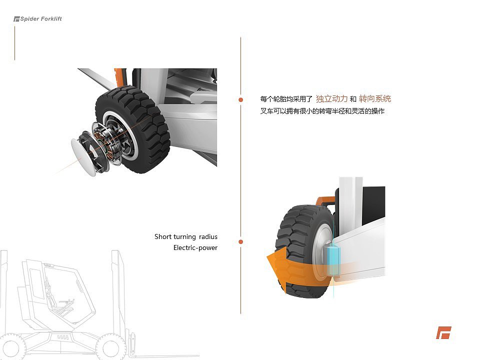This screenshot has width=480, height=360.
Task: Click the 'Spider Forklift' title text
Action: coord(41,19)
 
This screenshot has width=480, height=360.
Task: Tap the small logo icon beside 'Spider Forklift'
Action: coord(16,19)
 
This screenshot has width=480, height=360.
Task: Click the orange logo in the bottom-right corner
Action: coord(443,332)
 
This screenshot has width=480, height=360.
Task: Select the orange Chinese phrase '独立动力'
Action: coord(331,99)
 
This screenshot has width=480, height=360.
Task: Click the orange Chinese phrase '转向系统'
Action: coord(375,99)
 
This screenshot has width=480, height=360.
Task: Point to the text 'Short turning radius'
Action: coord(186,236)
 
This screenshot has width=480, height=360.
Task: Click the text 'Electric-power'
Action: coord(195,247)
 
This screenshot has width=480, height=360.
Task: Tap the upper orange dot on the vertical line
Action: coord(240,99)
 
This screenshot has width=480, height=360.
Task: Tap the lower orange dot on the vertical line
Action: coord(240,242)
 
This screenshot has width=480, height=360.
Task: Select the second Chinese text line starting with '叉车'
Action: coord(322,111)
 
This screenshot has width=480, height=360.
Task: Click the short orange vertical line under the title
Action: coord(14,43)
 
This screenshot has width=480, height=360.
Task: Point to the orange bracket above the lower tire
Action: coord(325,201)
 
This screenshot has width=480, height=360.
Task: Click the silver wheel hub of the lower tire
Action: coord(320,250)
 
